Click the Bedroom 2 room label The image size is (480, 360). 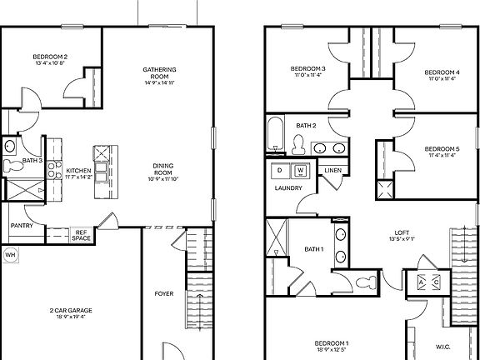click(51, 57)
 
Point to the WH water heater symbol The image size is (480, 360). click(11, 254)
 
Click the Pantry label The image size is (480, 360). click(22, 225)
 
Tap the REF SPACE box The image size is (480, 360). click(81, 236)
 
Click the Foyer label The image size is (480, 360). click(163, 293)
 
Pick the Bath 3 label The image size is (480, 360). click(32, 160)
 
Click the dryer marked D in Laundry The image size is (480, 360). click(279, 171)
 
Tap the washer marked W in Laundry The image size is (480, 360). click(300, 171)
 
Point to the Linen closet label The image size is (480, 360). click(332, 170)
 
